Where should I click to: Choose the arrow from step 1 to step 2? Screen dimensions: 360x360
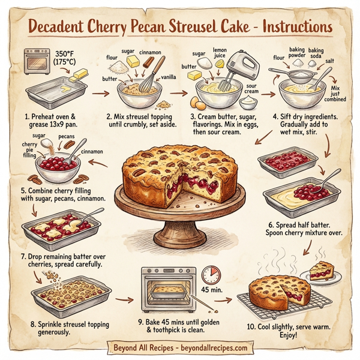point(101,92)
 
